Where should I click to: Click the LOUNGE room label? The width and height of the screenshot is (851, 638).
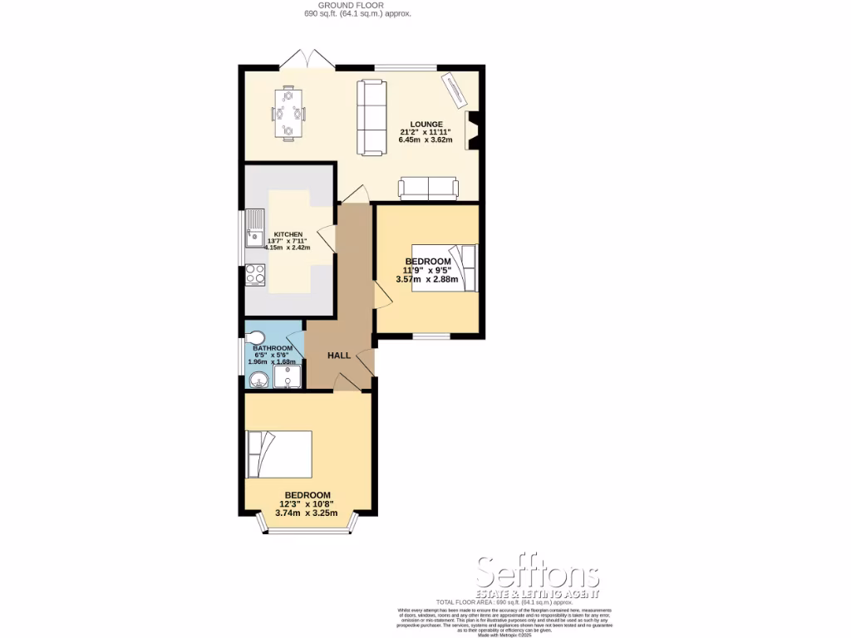tap(425, 124)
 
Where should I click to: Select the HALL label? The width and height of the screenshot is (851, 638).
tap(339, 356)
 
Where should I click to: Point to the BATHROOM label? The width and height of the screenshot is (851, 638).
tap(273, 348)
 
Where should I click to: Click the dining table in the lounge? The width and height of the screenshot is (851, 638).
tap(289, 111)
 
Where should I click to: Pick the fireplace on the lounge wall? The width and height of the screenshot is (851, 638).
tap(473, 130)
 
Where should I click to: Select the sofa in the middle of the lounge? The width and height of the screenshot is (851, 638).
tap(371, 117)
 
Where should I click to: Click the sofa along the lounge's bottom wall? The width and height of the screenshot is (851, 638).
tap(428, 189)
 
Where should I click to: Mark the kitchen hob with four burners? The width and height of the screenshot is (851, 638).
tap(253, 274)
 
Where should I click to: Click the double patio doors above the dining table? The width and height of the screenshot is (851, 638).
tap(305, 61)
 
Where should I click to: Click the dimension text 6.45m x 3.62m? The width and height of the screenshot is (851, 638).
tap(425, 140)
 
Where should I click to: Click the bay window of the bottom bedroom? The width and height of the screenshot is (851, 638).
tap(306, 527)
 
